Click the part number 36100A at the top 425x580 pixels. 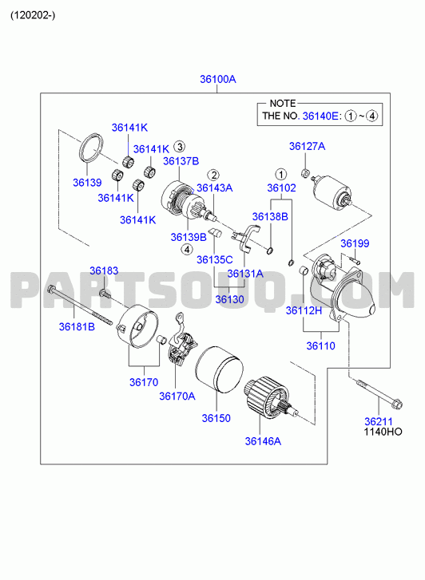(218, 79)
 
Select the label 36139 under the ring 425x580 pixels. (87, 183)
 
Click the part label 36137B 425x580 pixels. (181, 161)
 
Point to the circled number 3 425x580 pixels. (179, 147)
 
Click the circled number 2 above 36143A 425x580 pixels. (213, 175)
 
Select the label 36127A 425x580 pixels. (308, 147)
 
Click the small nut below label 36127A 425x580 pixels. (305, 173)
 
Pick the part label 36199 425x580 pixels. (355, 243)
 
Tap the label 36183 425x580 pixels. (104, 270)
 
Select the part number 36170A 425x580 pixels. (177, 397)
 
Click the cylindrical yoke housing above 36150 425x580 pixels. (219, 369)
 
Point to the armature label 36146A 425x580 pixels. (263, 441)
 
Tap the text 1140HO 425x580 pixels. (383, 432)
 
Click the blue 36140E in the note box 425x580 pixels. (320, 116)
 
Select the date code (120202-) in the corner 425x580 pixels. (33, 15)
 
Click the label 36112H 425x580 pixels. (304, 310)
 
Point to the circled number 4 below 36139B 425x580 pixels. (187, 250)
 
